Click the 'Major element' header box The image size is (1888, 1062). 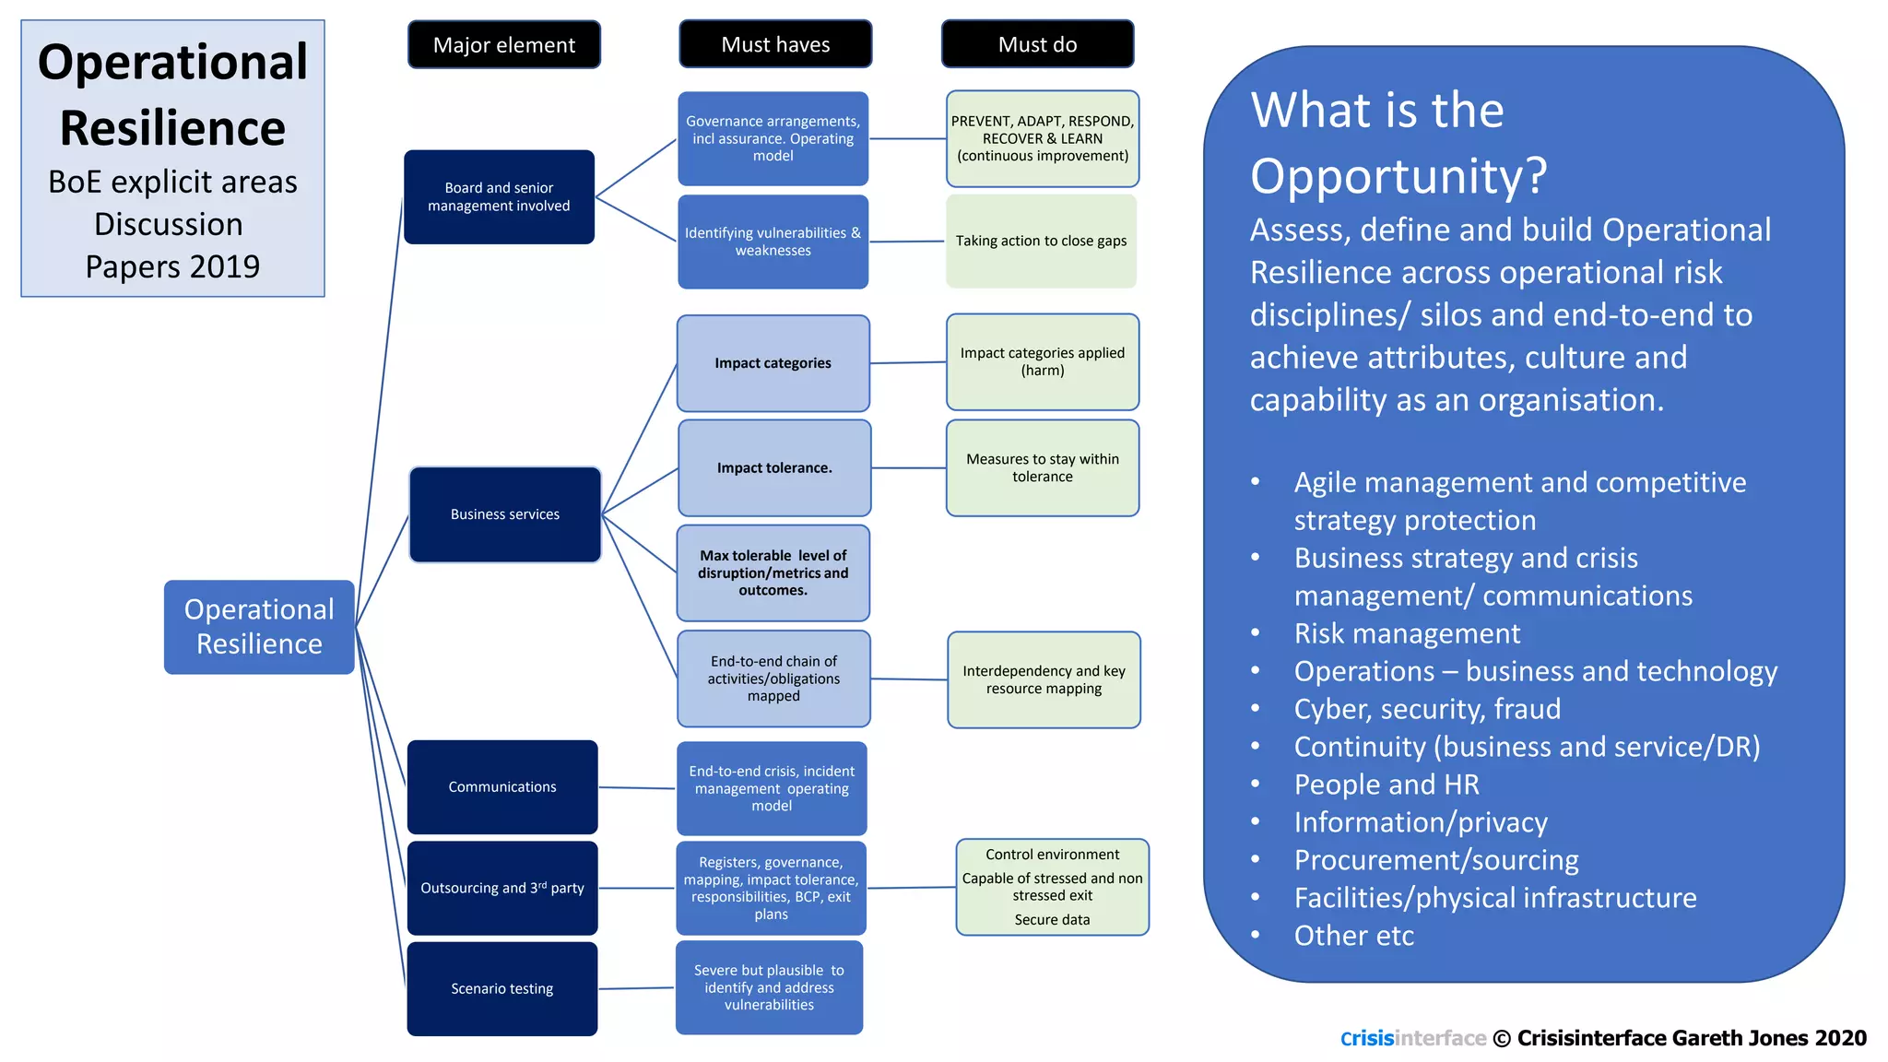pos(503,44)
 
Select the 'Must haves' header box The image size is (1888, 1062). pos(775,44)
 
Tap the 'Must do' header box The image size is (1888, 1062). pos(1037,44)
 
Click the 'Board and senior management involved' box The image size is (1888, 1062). pos(499,196)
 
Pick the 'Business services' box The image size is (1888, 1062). pos(504,514)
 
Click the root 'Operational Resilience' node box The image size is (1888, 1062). pos(259,627)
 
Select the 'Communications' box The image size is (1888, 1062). pos(502,786)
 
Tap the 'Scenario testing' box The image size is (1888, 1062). pos(502,988)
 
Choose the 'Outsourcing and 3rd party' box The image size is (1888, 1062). pos(502,888)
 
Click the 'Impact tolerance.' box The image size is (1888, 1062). pos(774,468)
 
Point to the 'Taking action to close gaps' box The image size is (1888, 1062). pos(1041,241)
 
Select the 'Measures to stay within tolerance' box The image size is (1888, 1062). pos(1042,468)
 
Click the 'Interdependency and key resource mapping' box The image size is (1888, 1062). pos(1044,679)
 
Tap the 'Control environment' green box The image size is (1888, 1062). pos(1052,887)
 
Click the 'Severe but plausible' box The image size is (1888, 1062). pos(769,987)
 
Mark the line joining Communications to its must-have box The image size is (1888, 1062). pos(637,788)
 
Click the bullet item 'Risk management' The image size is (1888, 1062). pos(1407,633)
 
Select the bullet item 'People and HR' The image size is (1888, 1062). pos(1386,785)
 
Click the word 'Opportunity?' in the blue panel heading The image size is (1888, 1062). pos(1398,176)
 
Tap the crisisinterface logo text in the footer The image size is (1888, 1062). pos(1412,1039)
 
